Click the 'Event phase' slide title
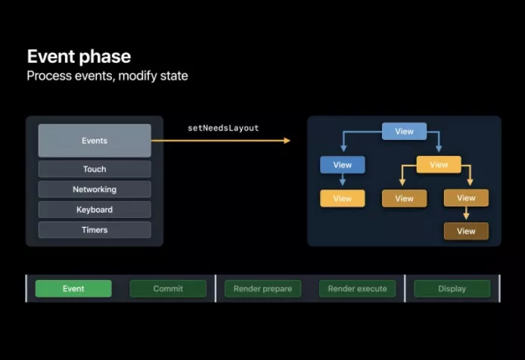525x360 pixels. (79, 56)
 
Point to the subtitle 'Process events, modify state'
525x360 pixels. (107, 76)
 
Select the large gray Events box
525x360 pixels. (95, 141)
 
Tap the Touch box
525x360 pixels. (95, 169)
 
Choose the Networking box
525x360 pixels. (95, 189)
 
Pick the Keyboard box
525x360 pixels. (95, 209)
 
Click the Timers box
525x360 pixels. (95, 230)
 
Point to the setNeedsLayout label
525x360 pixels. (223, 129)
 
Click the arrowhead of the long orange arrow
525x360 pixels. (287, 141)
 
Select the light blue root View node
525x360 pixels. (405, 132)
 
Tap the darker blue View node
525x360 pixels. (343, 165)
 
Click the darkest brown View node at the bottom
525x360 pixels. (466, 231)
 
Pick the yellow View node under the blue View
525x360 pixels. (343, 199)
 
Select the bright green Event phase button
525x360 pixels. (73, 289)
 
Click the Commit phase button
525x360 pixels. (168, 289)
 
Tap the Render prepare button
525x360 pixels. (262, 289)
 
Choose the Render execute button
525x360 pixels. (357, 289)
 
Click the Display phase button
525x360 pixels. (452, 289)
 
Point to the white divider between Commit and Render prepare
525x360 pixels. (216, 288)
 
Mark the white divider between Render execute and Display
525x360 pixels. (405, 288)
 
